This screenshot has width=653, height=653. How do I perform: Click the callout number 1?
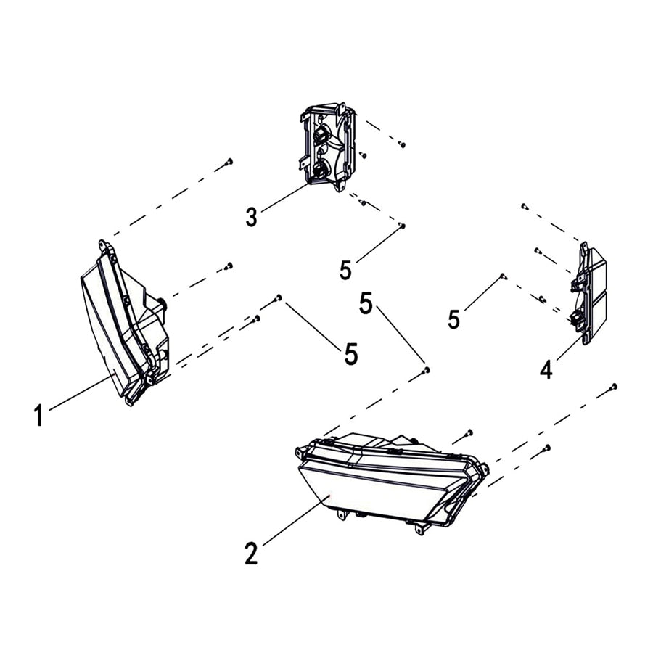[38, 416]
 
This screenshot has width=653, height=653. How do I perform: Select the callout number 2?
[251, 554]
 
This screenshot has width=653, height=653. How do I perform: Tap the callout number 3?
[251, 216]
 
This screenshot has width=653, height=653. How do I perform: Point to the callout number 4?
[546, 369]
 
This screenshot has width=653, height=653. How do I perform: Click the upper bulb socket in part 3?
[321, 134]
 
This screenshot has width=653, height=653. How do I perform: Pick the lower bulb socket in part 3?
[319, 171]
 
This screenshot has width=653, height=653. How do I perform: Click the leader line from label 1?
[80, 394]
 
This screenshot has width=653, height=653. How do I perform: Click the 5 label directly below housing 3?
[345, 270]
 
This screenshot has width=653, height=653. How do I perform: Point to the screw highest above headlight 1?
[229, 161]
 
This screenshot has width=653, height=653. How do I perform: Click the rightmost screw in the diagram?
[615, 386]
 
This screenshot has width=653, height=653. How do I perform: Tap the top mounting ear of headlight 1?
[103, 245]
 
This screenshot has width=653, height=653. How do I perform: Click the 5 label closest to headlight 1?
[351, 354]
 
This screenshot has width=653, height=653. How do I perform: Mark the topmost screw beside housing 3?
[402, 144]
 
